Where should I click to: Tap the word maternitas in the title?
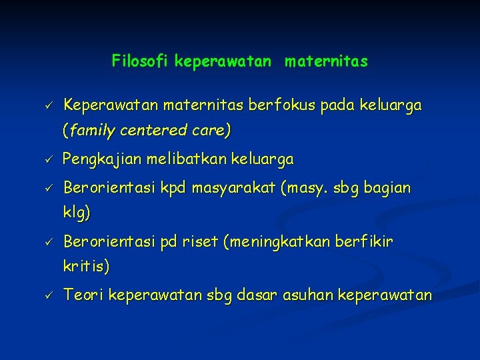coord(326,62)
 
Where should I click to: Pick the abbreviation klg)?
coord(77,214)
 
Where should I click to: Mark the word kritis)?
coord(86,267)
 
